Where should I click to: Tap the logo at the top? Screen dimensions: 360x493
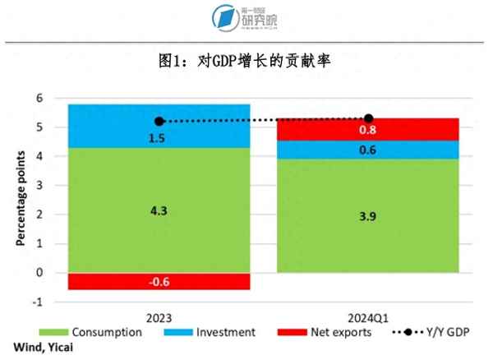(246, 19)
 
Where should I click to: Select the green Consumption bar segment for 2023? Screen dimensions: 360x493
(159, 210)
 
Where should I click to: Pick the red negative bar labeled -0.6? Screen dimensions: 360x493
(159, 281)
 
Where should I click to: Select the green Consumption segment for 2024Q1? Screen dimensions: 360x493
(367, 215)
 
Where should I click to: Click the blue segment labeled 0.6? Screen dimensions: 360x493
(367, 150)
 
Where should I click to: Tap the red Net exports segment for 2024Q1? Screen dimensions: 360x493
(367, 130)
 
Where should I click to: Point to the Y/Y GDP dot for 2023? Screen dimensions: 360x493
(159, 121)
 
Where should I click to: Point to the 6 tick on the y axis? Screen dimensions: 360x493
(37, 98)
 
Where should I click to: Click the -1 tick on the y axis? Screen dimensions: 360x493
(35, 302)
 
